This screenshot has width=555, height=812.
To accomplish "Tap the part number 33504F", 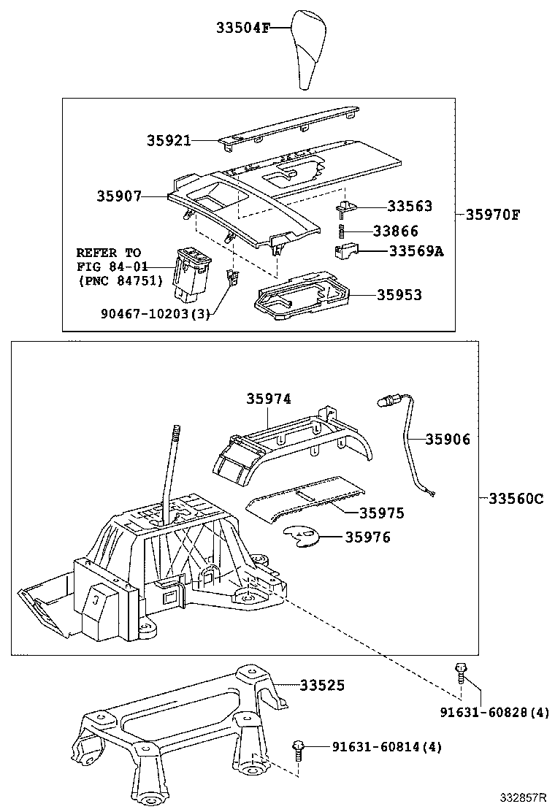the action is coord(243,28).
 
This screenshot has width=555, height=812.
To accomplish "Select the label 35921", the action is coord(168,140).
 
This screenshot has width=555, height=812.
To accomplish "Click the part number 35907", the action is coord(118,196).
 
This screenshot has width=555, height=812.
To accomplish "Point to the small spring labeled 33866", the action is coord(341,230).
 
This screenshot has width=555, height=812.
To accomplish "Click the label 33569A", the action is coord(416,251).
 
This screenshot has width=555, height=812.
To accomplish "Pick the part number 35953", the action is coord(399,295).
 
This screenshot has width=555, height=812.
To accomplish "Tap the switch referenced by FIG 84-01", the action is coord(193,275).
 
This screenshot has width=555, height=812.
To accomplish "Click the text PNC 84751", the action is coord(120,280).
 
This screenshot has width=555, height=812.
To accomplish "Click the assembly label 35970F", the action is coord(493,215).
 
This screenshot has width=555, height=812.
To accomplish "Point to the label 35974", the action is coord(268,398).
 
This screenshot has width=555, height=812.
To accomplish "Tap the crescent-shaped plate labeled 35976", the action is coord(302,536).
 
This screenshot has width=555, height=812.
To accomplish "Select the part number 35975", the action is coord(381,513).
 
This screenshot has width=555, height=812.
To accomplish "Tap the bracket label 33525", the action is coord(322,685).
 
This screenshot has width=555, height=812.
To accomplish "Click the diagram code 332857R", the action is coord(523,796).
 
